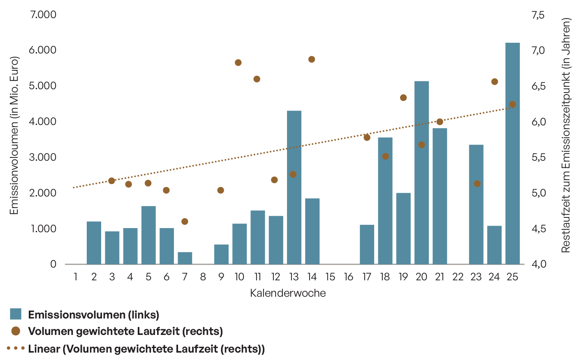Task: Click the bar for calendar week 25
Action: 512,153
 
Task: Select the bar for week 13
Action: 294,187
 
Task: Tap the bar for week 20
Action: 421,173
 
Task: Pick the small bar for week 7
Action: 185,258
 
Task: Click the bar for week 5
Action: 148,235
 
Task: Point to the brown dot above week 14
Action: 312,59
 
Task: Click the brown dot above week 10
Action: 238,63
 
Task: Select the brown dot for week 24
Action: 495,82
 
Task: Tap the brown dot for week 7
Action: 185,222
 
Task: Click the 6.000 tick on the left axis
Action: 42,50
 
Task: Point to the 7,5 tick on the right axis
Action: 538,15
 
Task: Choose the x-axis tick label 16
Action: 349,277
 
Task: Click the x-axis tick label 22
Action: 458,277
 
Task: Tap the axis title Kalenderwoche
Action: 288,293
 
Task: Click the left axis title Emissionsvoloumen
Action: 14,135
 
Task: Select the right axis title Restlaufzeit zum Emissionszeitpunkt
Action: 566,135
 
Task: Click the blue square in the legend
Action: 16,314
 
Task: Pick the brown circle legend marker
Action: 16,331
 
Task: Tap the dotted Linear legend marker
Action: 16,348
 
